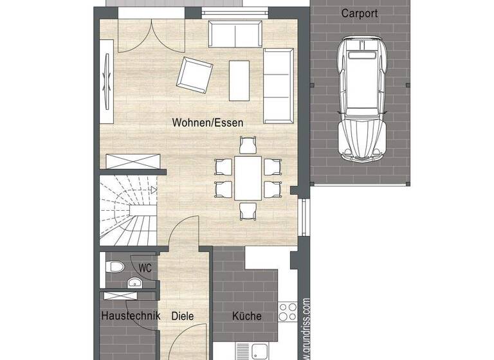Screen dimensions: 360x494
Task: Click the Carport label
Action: click(359, 13)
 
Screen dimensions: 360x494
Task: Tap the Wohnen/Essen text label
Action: click(208, 122)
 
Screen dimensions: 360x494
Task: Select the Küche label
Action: click(246, 316)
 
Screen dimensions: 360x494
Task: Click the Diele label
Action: click(182, 316)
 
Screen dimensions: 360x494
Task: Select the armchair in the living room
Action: click(195, 75)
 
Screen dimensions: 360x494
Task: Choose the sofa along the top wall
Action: click(235, 33)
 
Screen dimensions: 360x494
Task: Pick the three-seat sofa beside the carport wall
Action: click(277, 85)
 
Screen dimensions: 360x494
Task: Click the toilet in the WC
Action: click(116, 266)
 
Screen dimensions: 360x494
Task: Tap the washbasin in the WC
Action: click(134, 282)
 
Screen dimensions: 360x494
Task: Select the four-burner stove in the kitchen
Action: click(287, 313)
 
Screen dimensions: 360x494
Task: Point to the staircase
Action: click(127, 211)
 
